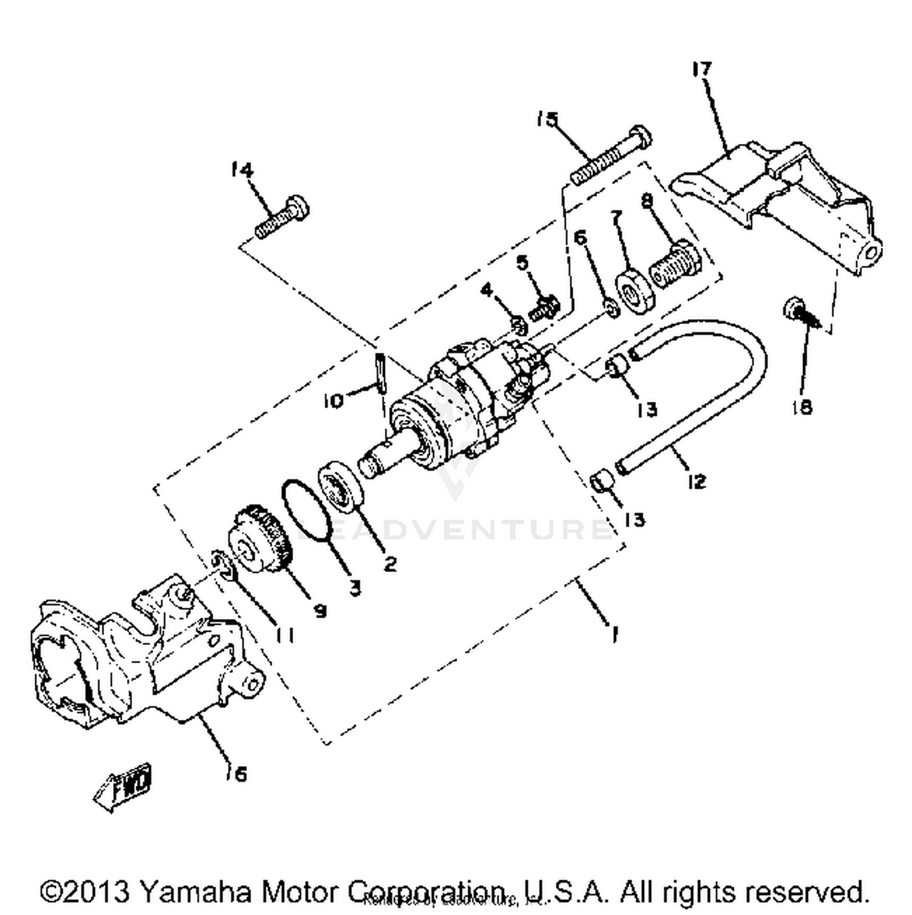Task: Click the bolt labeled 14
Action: (x=282, y=218)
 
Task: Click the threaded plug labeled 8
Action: (x=674, y=265)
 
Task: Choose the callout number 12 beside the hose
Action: (x=697, y=482)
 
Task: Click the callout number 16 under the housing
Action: (x=238, y=774)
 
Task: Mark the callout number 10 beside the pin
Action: (x=333, y=401)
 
